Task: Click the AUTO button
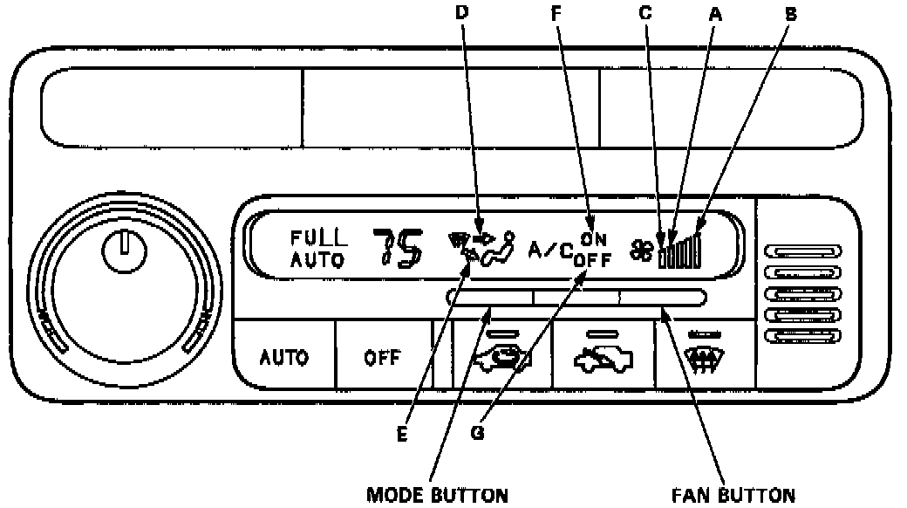click(x=284, y=357)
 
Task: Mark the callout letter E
click(x=403, y=434)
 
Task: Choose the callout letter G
click(x=477, y=433)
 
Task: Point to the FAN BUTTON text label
click(x=733, y=495)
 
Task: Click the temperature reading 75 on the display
click(x=398, y=247)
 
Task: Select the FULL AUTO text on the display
click(x=319, y=246)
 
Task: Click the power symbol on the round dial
click(x=119, y=250)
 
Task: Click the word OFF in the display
click(x=592, y=258)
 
